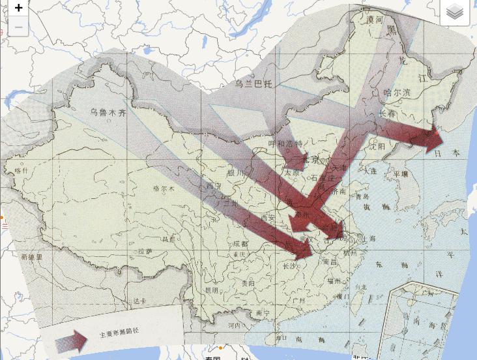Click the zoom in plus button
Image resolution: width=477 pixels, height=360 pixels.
tap(18, 8)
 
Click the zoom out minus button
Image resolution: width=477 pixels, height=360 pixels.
tap(18, 27)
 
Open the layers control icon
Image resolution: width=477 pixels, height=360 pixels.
tap(455, 12)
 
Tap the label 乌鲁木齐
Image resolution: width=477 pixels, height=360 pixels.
tap(108, 112)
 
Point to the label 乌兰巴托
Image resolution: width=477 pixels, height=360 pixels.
tap(253, 84)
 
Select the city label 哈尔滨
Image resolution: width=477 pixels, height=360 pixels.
tap(397, 93)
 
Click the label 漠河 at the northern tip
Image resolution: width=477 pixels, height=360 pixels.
tap(375, 20)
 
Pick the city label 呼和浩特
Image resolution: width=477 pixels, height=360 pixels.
tap(285, 143)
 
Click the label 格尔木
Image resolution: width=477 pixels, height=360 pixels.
tap(164, 188)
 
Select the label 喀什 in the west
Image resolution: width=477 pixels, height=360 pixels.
tap(22, 170)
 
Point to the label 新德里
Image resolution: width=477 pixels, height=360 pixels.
tap(31, 257)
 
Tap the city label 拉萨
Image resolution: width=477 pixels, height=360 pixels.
tap(145, 251)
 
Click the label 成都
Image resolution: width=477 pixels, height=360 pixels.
tap(240, 244)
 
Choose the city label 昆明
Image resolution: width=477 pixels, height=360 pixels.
tap(211, 290)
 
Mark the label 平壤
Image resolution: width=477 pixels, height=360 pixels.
tap(400, 174)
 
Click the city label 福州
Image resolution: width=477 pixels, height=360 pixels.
tap(334, 281)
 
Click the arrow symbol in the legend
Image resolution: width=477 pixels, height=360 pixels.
tap(72, 341)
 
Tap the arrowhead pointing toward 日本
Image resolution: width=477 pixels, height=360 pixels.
tap(434, 139)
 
